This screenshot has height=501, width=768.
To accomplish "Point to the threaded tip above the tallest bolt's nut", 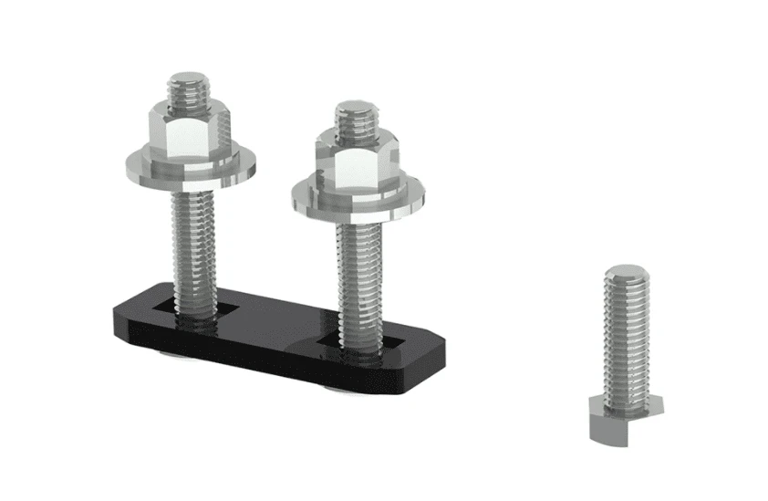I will click(x=189, y=92).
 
